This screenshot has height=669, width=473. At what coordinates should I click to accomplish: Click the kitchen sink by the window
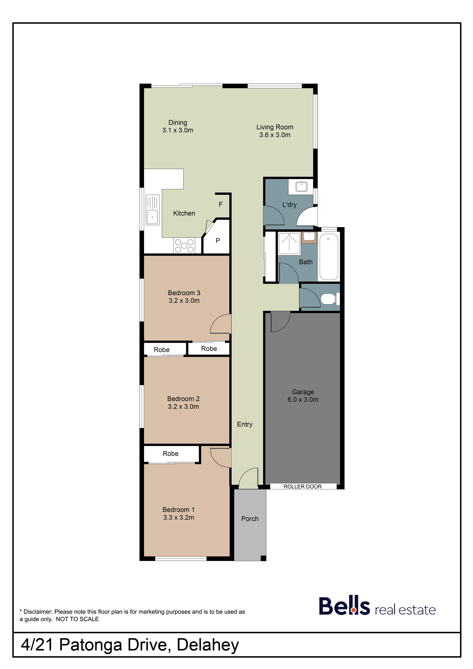(x=153, y=210)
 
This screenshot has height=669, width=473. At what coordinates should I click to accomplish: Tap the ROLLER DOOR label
(x=303, y=487)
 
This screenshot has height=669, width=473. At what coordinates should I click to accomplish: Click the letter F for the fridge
(x=221, y=204)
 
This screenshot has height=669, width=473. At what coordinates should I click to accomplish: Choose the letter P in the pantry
(x=218, y=241)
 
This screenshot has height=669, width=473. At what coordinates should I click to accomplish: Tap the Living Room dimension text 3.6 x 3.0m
(x=275, y=135)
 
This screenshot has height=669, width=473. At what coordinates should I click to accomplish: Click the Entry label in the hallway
(x=245, y=425)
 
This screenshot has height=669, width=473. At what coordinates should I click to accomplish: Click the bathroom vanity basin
(x=309, y=237)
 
